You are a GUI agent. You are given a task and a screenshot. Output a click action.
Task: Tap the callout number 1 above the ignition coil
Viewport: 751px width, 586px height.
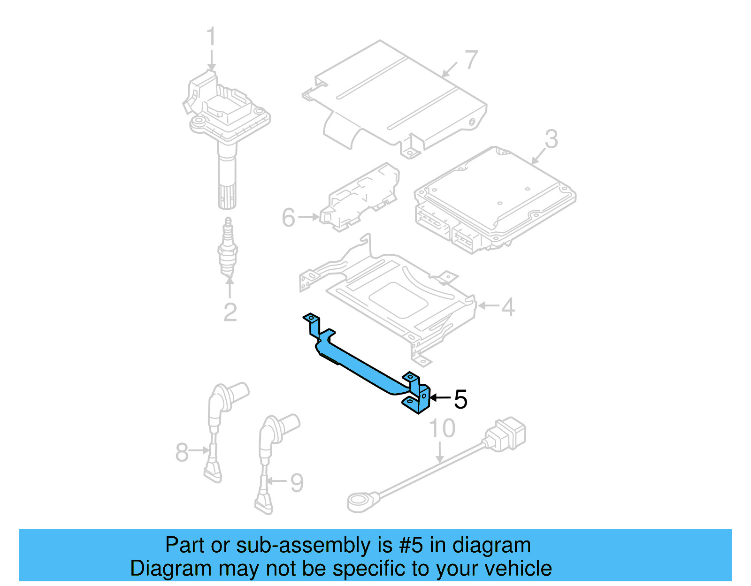(211, 37)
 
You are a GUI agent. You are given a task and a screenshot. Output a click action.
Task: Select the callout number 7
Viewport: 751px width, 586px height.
(471, 60)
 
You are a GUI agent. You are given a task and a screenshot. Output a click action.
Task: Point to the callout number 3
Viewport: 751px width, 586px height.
(551, 139)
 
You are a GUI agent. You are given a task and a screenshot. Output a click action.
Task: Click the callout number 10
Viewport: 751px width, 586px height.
(442, 428)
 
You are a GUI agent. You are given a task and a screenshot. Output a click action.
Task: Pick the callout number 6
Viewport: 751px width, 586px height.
(289, 217)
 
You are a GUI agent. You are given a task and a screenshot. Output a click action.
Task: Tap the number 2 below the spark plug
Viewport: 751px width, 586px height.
(230, 312)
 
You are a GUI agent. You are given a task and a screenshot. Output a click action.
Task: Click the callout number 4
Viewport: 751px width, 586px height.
(508, 307)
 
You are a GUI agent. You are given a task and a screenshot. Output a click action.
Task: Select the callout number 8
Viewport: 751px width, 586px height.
(182, 452)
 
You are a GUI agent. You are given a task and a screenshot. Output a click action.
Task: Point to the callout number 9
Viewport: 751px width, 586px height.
(297, 482)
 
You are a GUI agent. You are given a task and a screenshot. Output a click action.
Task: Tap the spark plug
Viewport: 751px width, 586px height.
(228, 249)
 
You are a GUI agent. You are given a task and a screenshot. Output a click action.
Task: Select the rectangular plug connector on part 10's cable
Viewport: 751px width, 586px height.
(507, 434)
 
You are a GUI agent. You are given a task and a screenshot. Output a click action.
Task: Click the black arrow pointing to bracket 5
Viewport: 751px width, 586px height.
(440, 398)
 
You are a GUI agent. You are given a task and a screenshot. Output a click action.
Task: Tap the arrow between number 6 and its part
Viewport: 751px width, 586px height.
(308, 217)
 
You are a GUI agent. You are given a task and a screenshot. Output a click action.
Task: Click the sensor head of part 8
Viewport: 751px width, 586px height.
(230, 394)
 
